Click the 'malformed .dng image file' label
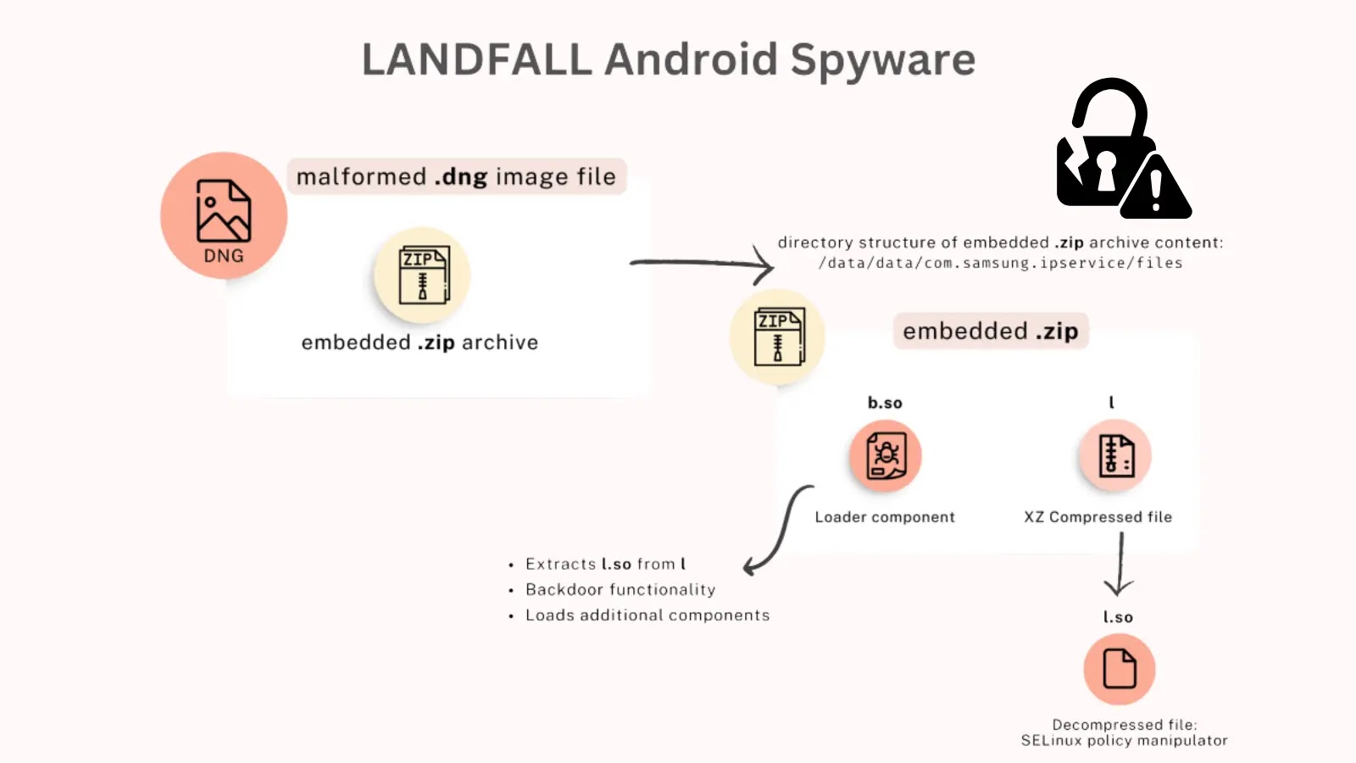click(x=456, y=176)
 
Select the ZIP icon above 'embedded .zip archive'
click(x=422, y=275)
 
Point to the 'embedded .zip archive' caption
click(x=420, y=343)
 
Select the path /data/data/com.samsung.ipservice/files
click(x=1000, y=263)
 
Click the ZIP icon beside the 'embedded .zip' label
click(x=778, y=337)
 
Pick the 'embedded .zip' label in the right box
click(x=990, y=331)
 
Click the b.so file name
click(x=885, y=403)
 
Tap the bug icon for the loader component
click(x=886, y=455)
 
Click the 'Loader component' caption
click(x=885, y=517)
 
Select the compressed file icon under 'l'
click(x=1115, y=455)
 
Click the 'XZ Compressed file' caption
click(x=1098, y=517)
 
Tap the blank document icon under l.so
click(x=1119, y=669)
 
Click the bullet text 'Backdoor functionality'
click(x=620, y=589)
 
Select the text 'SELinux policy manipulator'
click(x=1124, y=741)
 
